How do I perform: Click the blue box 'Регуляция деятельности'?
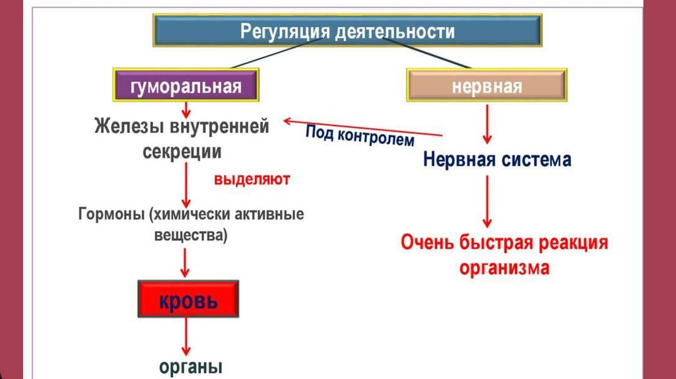[348, 30]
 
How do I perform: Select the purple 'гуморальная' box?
[186, 86]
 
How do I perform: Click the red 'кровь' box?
[187, 300]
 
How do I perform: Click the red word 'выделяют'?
[252, 179]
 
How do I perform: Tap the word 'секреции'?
[182, 151]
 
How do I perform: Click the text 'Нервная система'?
[497, 160]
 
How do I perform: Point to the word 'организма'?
[504, 268]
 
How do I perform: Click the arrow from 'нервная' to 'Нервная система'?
[487, 124]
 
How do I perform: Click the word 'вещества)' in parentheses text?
[190, 236]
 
